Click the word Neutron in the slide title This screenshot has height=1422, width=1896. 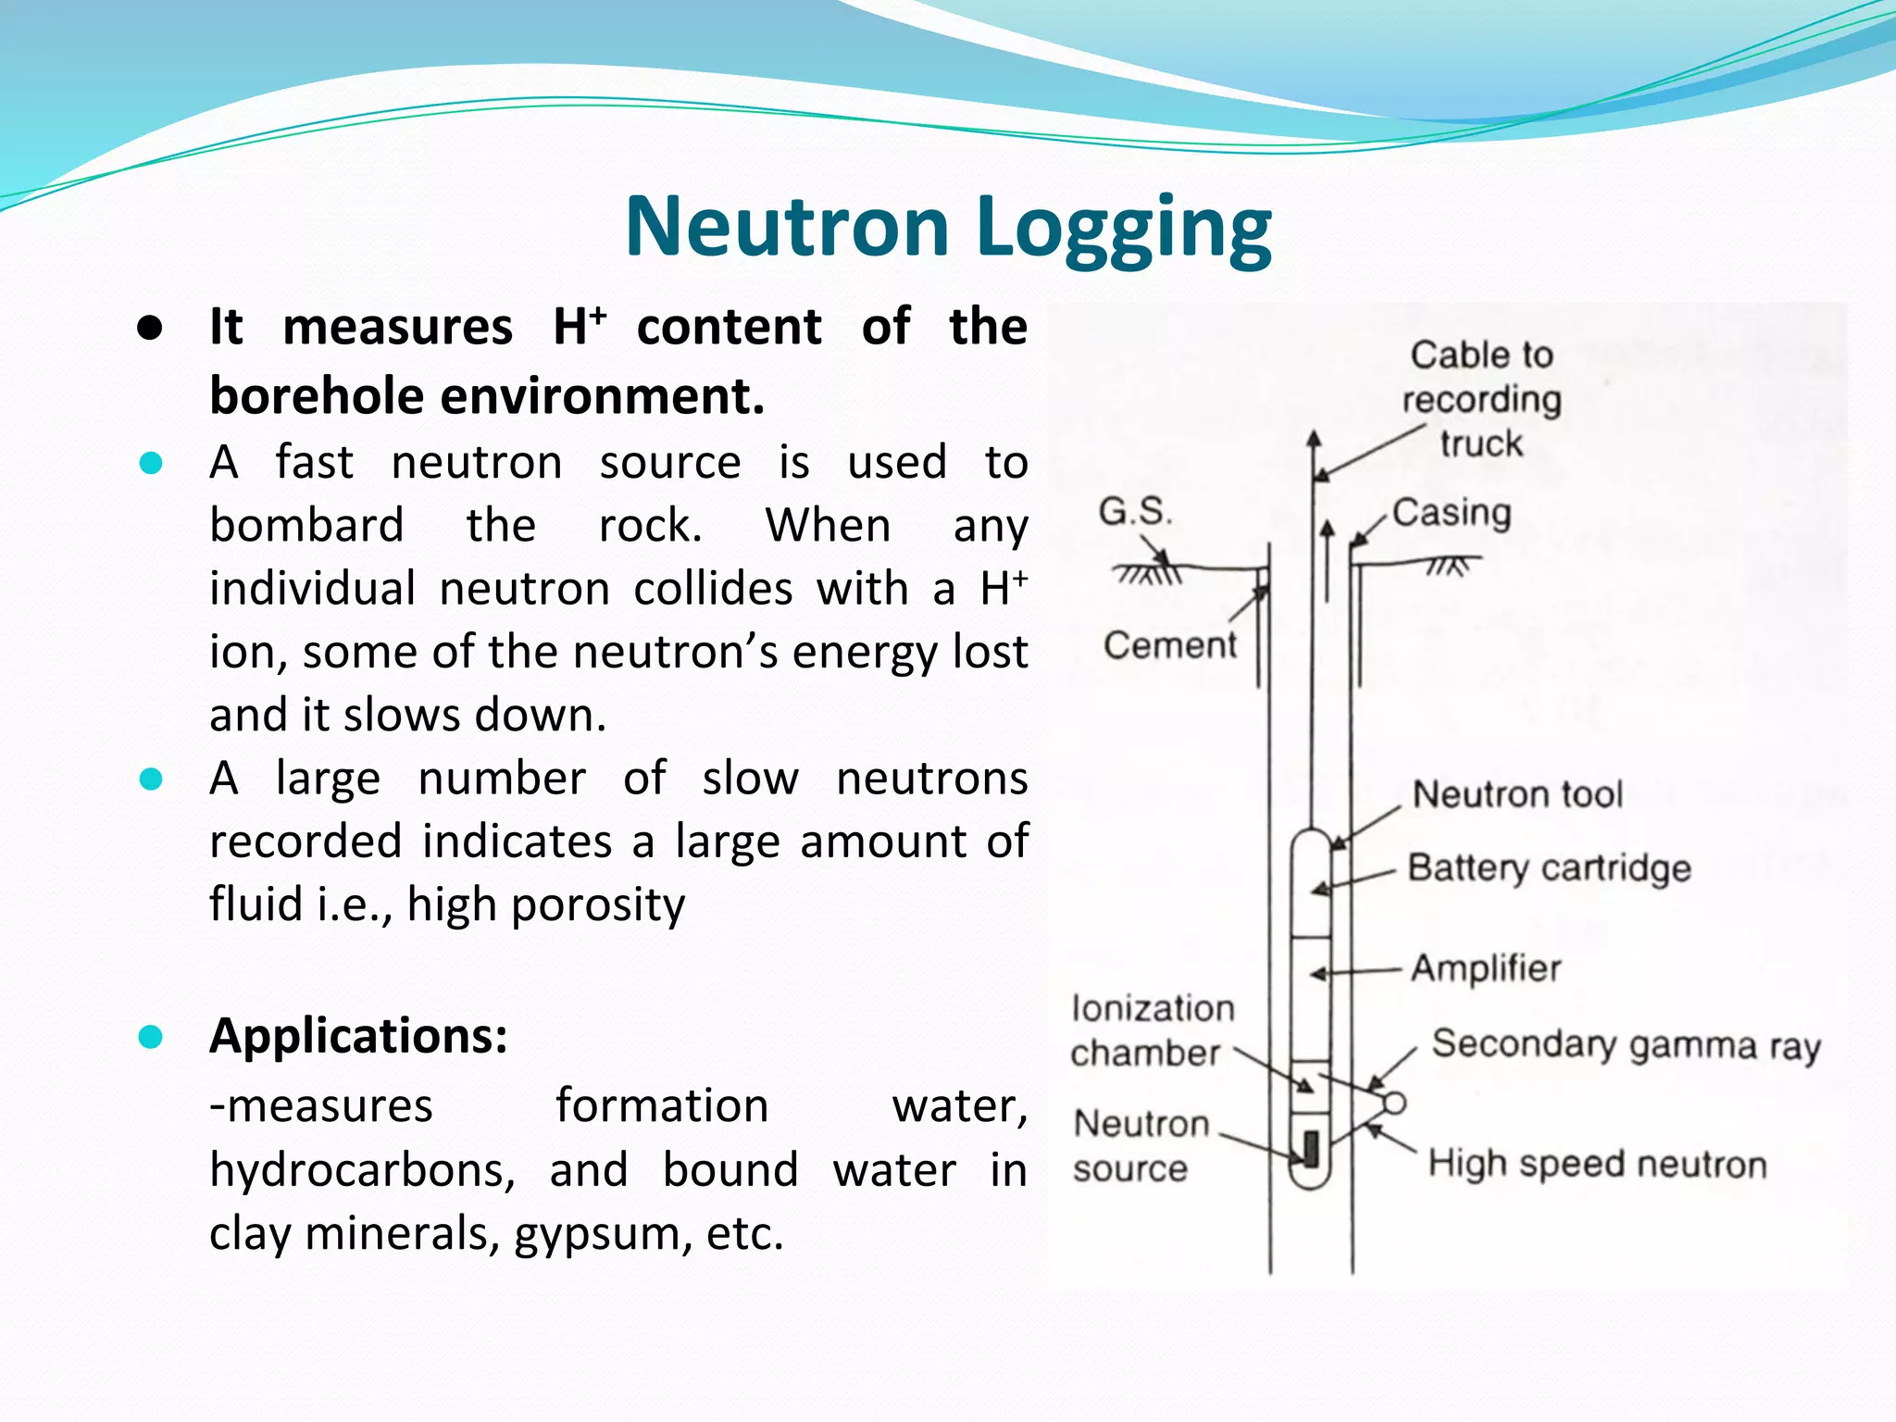coord(788,227)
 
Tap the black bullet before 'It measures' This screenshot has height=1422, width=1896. coord(150,329)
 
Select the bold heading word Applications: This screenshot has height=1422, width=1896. coord(359,1036)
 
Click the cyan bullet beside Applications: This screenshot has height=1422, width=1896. coord(150,1037)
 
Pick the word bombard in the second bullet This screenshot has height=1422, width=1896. coord(306,526)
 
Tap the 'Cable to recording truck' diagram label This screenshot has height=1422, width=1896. coord(1481,399)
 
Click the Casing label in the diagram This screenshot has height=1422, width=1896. coord(1451,512)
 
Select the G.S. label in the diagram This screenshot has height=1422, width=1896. coord(1135,511)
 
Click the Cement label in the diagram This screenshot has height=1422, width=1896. coord(1169,645)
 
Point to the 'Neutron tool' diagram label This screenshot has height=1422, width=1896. coord(1517,794)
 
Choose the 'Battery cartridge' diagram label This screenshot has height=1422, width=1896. coord(1549,868)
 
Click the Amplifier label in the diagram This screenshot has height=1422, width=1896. coord(1486,968)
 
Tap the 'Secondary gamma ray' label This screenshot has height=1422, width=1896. coord(1626,1045)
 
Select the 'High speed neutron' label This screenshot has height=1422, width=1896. coord(1597,1165)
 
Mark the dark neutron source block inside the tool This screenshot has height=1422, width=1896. coord(1311,1148)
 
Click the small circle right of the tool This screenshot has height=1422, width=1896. coord(1394,1103)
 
